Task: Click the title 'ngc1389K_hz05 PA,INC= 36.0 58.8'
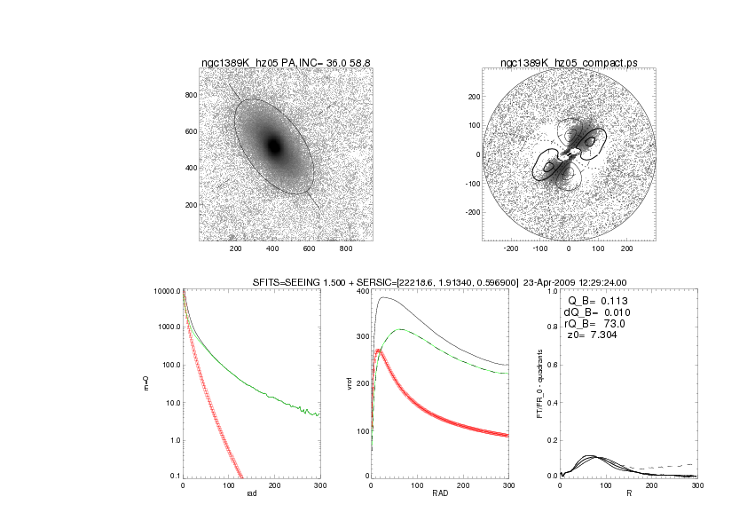pos(286,63)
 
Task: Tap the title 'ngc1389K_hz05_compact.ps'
pos(568,63)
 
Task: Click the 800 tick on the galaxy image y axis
pos(188,95)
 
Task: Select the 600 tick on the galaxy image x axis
pos(313,248)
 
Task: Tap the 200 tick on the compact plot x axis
pos(626,248)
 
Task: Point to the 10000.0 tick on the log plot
pos(168,291)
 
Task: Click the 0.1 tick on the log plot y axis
pos(174,477)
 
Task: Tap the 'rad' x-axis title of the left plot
pos(251,493)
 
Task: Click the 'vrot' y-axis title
pos(334,383)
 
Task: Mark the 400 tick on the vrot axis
pos(361,291)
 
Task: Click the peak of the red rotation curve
pos(380,351)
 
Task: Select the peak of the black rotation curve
pos(383,297)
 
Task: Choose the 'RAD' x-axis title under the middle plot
pos(440,493)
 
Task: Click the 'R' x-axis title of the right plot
pos(628,493)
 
